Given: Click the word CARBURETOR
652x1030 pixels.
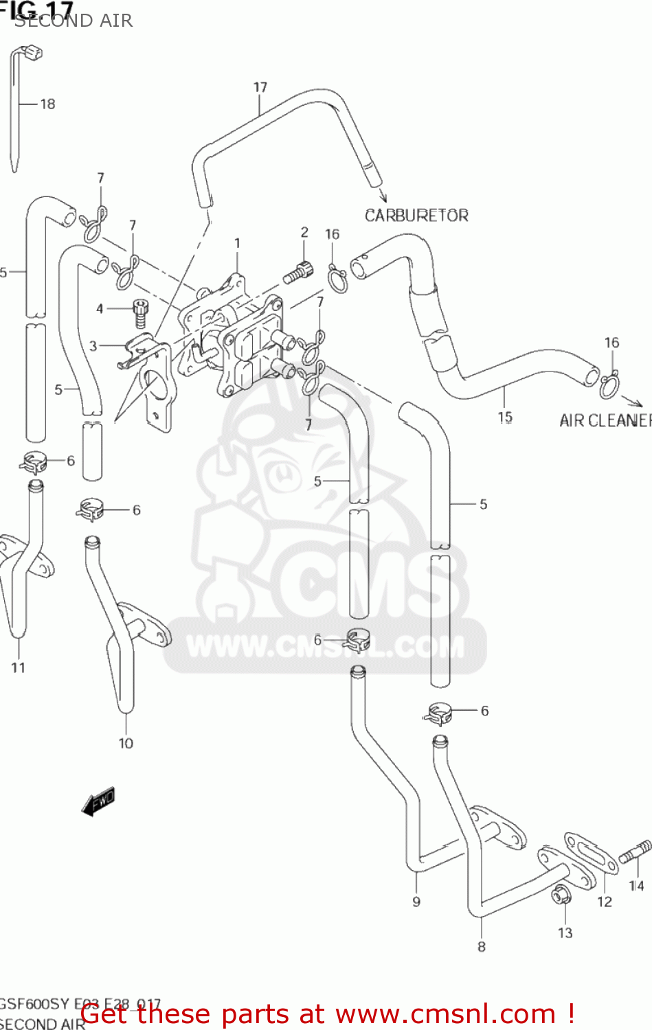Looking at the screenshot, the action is tap(416, 216).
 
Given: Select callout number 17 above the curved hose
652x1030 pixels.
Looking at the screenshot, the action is tap(260, 87).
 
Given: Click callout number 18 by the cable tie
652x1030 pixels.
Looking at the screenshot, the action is tap(47, 104).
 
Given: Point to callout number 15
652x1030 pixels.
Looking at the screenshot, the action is tap(505, 417).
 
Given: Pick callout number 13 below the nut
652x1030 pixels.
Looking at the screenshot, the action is tap(565, 932).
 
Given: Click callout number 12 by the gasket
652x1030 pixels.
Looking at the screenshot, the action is tap(604, 902).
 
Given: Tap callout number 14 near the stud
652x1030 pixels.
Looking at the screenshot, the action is tap(636, 886).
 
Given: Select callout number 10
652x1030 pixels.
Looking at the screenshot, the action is tap(126, 743).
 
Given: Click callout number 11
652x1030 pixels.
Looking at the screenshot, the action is tap(18, 667).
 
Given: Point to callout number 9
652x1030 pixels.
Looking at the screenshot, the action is tap(416, 902).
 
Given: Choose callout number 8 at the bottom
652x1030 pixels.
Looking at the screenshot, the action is tap(481, 947).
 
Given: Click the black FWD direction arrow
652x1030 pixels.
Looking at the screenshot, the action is tap(98, 802).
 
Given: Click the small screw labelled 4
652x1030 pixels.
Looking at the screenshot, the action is tap(141, 314).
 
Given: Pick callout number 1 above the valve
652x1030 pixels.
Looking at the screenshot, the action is tap(237, 243).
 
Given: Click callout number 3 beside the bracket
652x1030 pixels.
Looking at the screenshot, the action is tap(93, 346).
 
